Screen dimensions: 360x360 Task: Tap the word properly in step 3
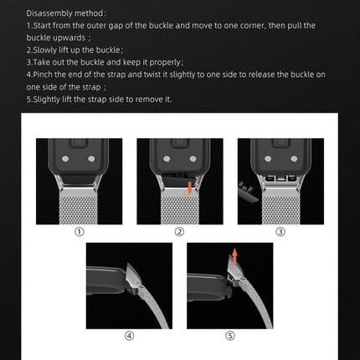159,61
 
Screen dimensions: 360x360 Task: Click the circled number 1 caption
79,231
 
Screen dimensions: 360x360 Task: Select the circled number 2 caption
178,231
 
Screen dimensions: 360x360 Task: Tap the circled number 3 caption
279,231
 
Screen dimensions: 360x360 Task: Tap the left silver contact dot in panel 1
69,157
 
